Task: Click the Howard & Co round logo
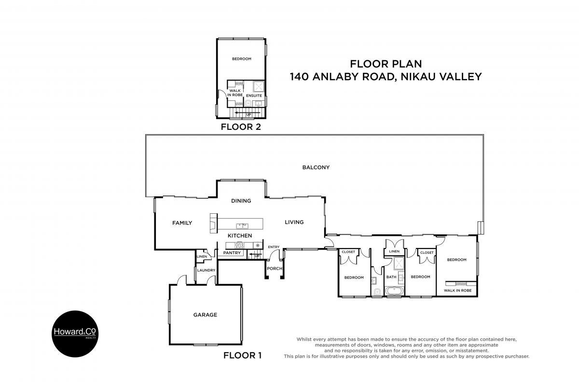75,334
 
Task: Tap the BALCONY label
316,167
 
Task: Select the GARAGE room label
205,315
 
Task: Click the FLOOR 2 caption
241,127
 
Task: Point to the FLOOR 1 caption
242,355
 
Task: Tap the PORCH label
275,269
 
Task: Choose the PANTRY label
232,253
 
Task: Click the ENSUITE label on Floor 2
254,96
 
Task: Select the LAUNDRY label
207,270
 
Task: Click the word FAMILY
182,223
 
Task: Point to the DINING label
241,201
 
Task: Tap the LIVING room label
294,222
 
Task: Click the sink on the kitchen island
242,226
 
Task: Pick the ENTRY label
274,247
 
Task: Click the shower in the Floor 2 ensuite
259,87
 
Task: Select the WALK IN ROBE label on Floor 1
458,290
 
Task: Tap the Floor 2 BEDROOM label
242,59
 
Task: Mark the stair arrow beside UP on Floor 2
248,112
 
